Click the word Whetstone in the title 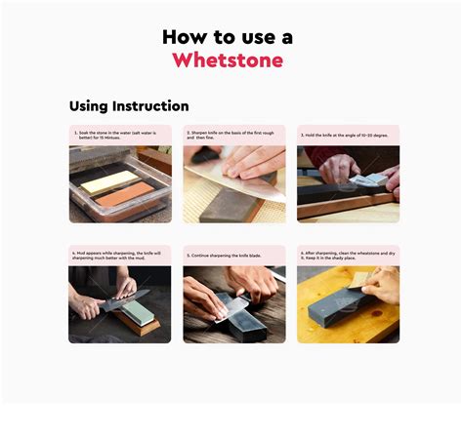coord(228,60)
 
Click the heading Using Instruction coord(129,105)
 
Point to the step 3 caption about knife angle coord(348,135)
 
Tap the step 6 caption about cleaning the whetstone coord(348,256)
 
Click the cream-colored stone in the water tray coord(105,181)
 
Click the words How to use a coord(228,36)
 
